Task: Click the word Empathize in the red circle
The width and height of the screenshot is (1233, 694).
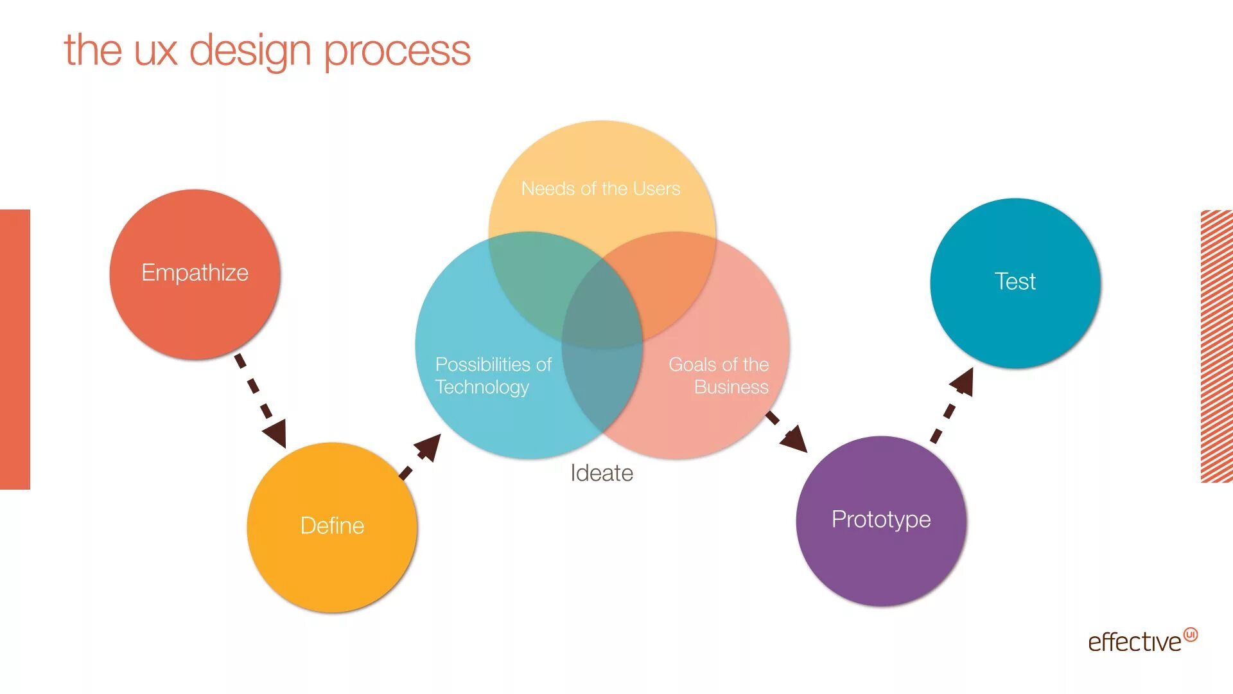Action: tap(195, 273)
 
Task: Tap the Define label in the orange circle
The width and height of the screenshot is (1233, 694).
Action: tap(332, 526)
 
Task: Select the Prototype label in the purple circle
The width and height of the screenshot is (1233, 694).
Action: tap(881, 519)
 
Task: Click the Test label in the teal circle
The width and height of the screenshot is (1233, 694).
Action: tap(1015, 281)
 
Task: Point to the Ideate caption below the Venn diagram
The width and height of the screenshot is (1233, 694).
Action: tap(602, 474)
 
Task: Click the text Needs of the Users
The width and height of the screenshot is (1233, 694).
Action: tap(600, 188)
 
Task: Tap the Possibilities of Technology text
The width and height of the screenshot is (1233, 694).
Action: tap(493, 375)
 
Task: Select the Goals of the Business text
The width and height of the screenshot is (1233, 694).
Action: tap(719, 375)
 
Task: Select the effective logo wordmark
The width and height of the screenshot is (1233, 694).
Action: tap(1134, 642)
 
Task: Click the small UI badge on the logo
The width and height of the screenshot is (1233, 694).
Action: tap(1191, 634)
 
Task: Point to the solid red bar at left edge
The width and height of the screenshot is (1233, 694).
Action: tap(15, 350)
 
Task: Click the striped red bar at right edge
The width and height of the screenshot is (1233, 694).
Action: tap(1216, 346)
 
